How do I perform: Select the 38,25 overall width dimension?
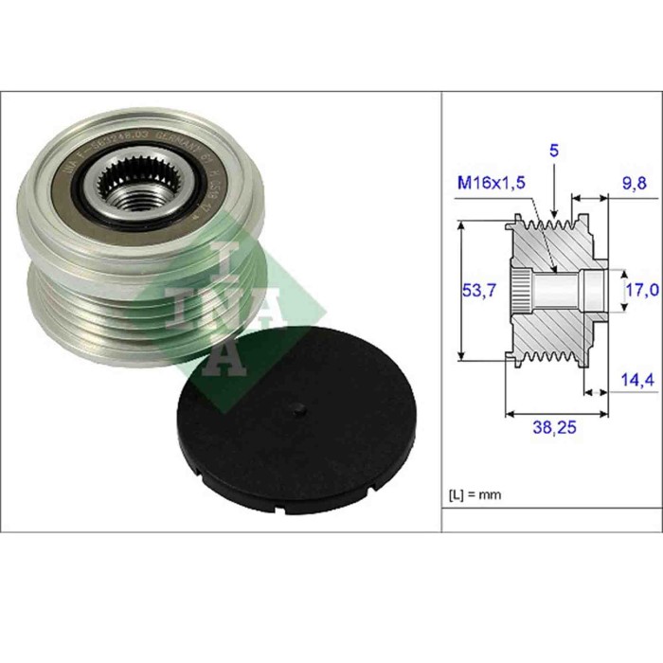pyautogui.click(x=554, y=428)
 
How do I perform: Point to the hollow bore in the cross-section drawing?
pyautogui.click(x=564, y=288)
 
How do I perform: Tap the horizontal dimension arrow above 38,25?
pyautogui.click(x=556, y=414)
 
